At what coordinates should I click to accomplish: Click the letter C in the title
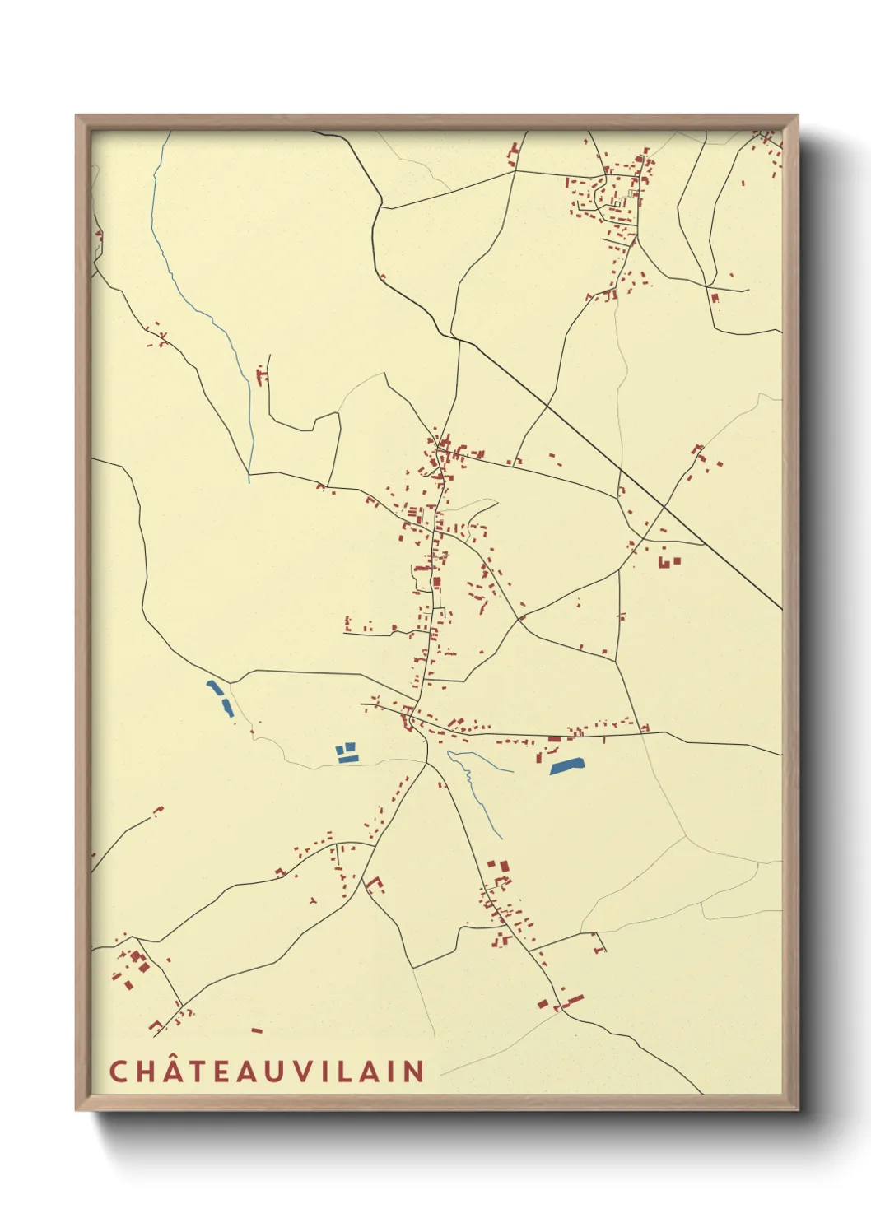pyautogui.click(x=118, y=1071)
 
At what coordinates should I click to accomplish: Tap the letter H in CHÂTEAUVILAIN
pyautogui.click(x=147, y=1071)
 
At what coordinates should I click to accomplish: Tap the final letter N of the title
pyautogui.click(x=414, y=1071)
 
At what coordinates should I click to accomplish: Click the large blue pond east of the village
pyautogui.click(x=566, y=767)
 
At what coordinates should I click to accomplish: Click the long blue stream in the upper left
pyautogui.click(x=206, y=313)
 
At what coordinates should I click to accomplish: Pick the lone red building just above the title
pyautogui.click(x=257, y=1030)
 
